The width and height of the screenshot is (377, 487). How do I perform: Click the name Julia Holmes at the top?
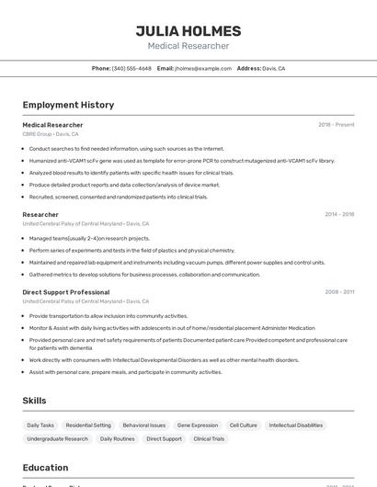[188, 30]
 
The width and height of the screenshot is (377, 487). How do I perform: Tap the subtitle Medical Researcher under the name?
[188, 46]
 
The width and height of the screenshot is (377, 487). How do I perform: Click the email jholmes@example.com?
[203, 68]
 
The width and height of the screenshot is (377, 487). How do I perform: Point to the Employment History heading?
[68, 105]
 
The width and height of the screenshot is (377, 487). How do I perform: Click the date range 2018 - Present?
[336, 124]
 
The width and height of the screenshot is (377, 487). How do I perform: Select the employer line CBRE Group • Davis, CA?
[51, 134]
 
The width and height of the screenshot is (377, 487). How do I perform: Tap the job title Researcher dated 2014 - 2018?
[40, 214]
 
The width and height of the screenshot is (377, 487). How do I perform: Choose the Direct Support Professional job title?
[65, 292]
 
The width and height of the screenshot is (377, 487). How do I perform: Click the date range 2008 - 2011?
[339, 292]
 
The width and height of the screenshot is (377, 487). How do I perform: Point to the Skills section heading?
[35, 401]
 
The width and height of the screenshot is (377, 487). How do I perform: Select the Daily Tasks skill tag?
[40, 425]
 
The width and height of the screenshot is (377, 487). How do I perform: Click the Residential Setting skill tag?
[88, 425]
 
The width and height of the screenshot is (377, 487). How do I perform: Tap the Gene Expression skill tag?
[198, 425]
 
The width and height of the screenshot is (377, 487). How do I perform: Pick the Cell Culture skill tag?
[244, 425]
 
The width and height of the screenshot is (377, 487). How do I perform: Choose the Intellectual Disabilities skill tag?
[296, 425]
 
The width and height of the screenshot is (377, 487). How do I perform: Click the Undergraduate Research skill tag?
[58, 439]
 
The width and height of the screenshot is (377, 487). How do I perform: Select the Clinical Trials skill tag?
[209, 439]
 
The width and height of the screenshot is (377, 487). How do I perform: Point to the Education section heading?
[46, 468]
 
